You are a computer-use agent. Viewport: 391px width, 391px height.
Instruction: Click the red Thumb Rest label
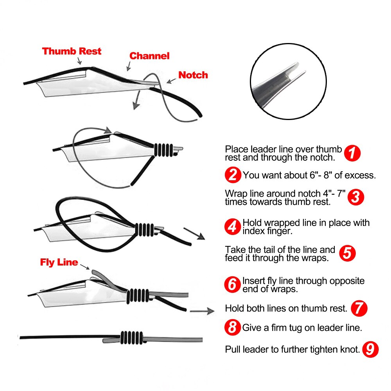tap(72, 51)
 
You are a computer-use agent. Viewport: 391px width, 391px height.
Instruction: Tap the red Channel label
tap(149, 56)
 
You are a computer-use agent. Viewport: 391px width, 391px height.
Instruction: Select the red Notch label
tap(193, 75)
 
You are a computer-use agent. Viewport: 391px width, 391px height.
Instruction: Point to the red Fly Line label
tap(59, 262)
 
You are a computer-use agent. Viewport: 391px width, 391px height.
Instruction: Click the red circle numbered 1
tap(352, 153)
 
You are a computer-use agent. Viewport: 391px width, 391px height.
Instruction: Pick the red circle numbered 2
tap(233, 175)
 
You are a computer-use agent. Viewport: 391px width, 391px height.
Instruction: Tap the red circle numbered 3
tap(356, 197)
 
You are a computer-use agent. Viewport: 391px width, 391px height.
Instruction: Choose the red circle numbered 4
tap(233, 227)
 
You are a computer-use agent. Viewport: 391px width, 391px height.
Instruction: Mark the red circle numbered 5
tap(347, 253)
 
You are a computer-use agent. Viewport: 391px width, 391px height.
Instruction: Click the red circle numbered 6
tap(232, 284)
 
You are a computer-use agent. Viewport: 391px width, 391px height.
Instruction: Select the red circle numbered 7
tap(359, 308)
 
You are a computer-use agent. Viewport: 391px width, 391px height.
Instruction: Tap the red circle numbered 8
tap(232, 327)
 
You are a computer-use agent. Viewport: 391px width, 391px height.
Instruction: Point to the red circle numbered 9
tap(370, 349)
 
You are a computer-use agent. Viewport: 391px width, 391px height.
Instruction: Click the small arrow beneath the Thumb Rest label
tap(79, 61)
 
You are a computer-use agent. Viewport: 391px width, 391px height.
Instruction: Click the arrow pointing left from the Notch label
tap(171, 81)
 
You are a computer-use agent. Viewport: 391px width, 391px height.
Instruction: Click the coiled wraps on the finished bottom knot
tap(132, 338)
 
